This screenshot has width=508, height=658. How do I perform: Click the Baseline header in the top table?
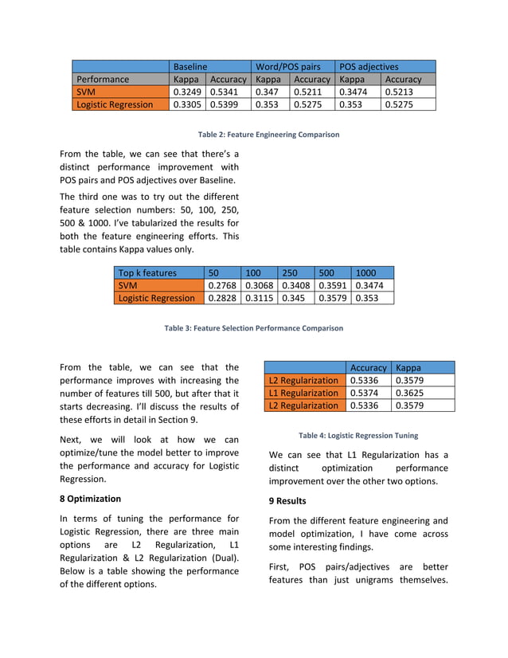click(190, 67)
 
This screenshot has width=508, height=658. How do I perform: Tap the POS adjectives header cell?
click(369, 67)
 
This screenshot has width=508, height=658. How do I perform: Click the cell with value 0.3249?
click(187, 92)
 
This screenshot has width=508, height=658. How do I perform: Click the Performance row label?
click(103, 80)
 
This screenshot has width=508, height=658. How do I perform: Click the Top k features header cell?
click(147, 272)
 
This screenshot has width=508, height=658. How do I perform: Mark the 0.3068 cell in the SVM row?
click(259, 285)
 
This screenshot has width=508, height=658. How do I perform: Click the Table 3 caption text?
click(253, 328)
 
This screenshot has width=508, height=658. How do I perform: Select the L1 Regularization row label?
click(303, 393)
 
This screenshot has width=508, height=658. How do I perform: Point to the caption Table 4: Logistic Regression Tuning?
click(358, 436)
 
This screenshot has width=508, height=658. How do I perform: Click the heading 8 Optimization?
click(90, 499)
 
